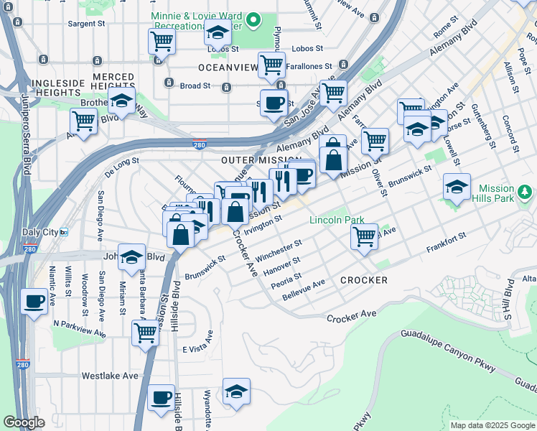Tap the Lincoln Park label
[337, 220]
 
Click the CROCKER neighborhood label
[364, 280]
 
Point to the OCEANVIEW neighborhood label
[228, 68]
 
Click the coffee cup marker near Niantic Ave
[34, 301]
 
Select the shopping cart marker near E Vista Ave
[145, 333]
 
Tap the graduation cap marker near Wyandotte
[235, 391]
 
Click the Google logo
[24, 422]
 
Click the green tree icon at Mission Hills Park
[526, 193]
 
